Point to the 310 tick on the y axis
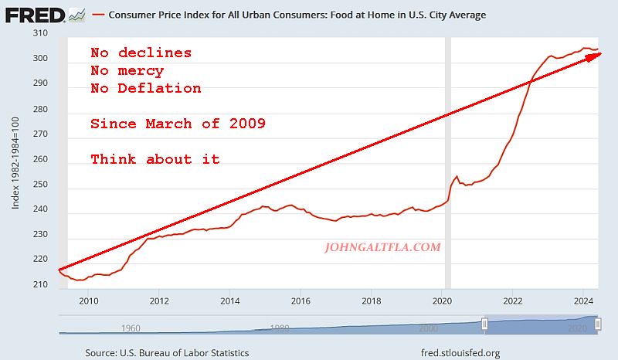(x=39, y=34)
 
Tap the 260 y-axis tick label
(x=39, y=159)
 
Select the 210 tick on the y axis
(x=39, y=284)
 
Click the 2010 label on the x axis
(x=88, y=301)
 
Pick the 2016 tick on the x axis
(x=301, y=301)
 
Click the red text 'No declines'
(x=141, y=53)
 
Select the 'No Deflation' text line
(x=145, y=88)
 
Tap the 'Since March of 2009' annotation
(x=178, y=124)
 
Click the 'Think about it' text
(x=155, y=159)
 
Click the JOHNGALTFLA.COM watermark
(x=383, y=248)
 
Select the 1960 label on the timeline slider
(x=131, y=328)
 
